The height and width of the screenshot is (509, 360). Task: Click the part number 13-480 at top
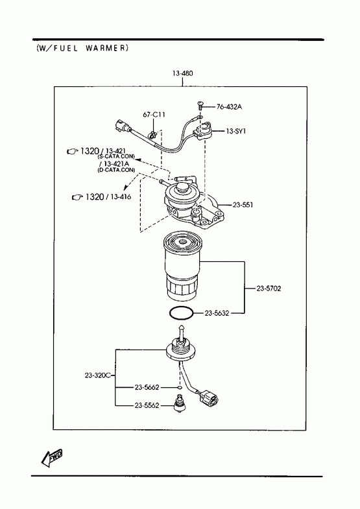182,73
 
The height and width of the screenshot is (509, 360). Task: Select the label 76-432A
229,106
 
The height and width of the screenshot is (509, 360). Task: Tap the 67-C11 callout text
154,115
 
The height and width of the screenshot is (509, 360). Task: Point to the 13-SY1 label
236,131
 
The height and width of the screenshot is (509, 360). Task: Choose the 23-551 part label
243,205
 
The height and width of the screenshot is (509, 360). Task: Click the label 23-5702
269,289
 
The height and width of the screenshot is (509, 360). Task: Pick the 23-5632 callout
217,313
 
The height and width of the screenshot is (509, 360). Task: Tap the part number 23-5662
147,387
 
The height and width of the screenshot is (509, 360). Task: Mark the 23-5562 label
147,405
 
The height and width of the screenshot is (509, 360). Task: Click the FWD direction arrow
52,458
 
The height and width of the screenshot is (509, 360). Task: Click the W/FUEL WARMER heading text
82,49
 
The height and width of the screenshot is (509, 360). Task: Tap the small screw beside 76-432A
199,106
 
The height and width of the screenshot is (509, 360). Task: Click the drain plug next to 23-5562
178,403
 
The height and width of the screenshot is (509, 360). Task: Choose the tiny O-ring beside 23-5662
180,388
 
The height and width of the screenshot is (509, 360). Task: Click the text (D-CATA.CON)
116,170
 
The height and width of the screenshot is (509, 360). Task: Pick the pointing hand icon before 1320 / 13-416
77,197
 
